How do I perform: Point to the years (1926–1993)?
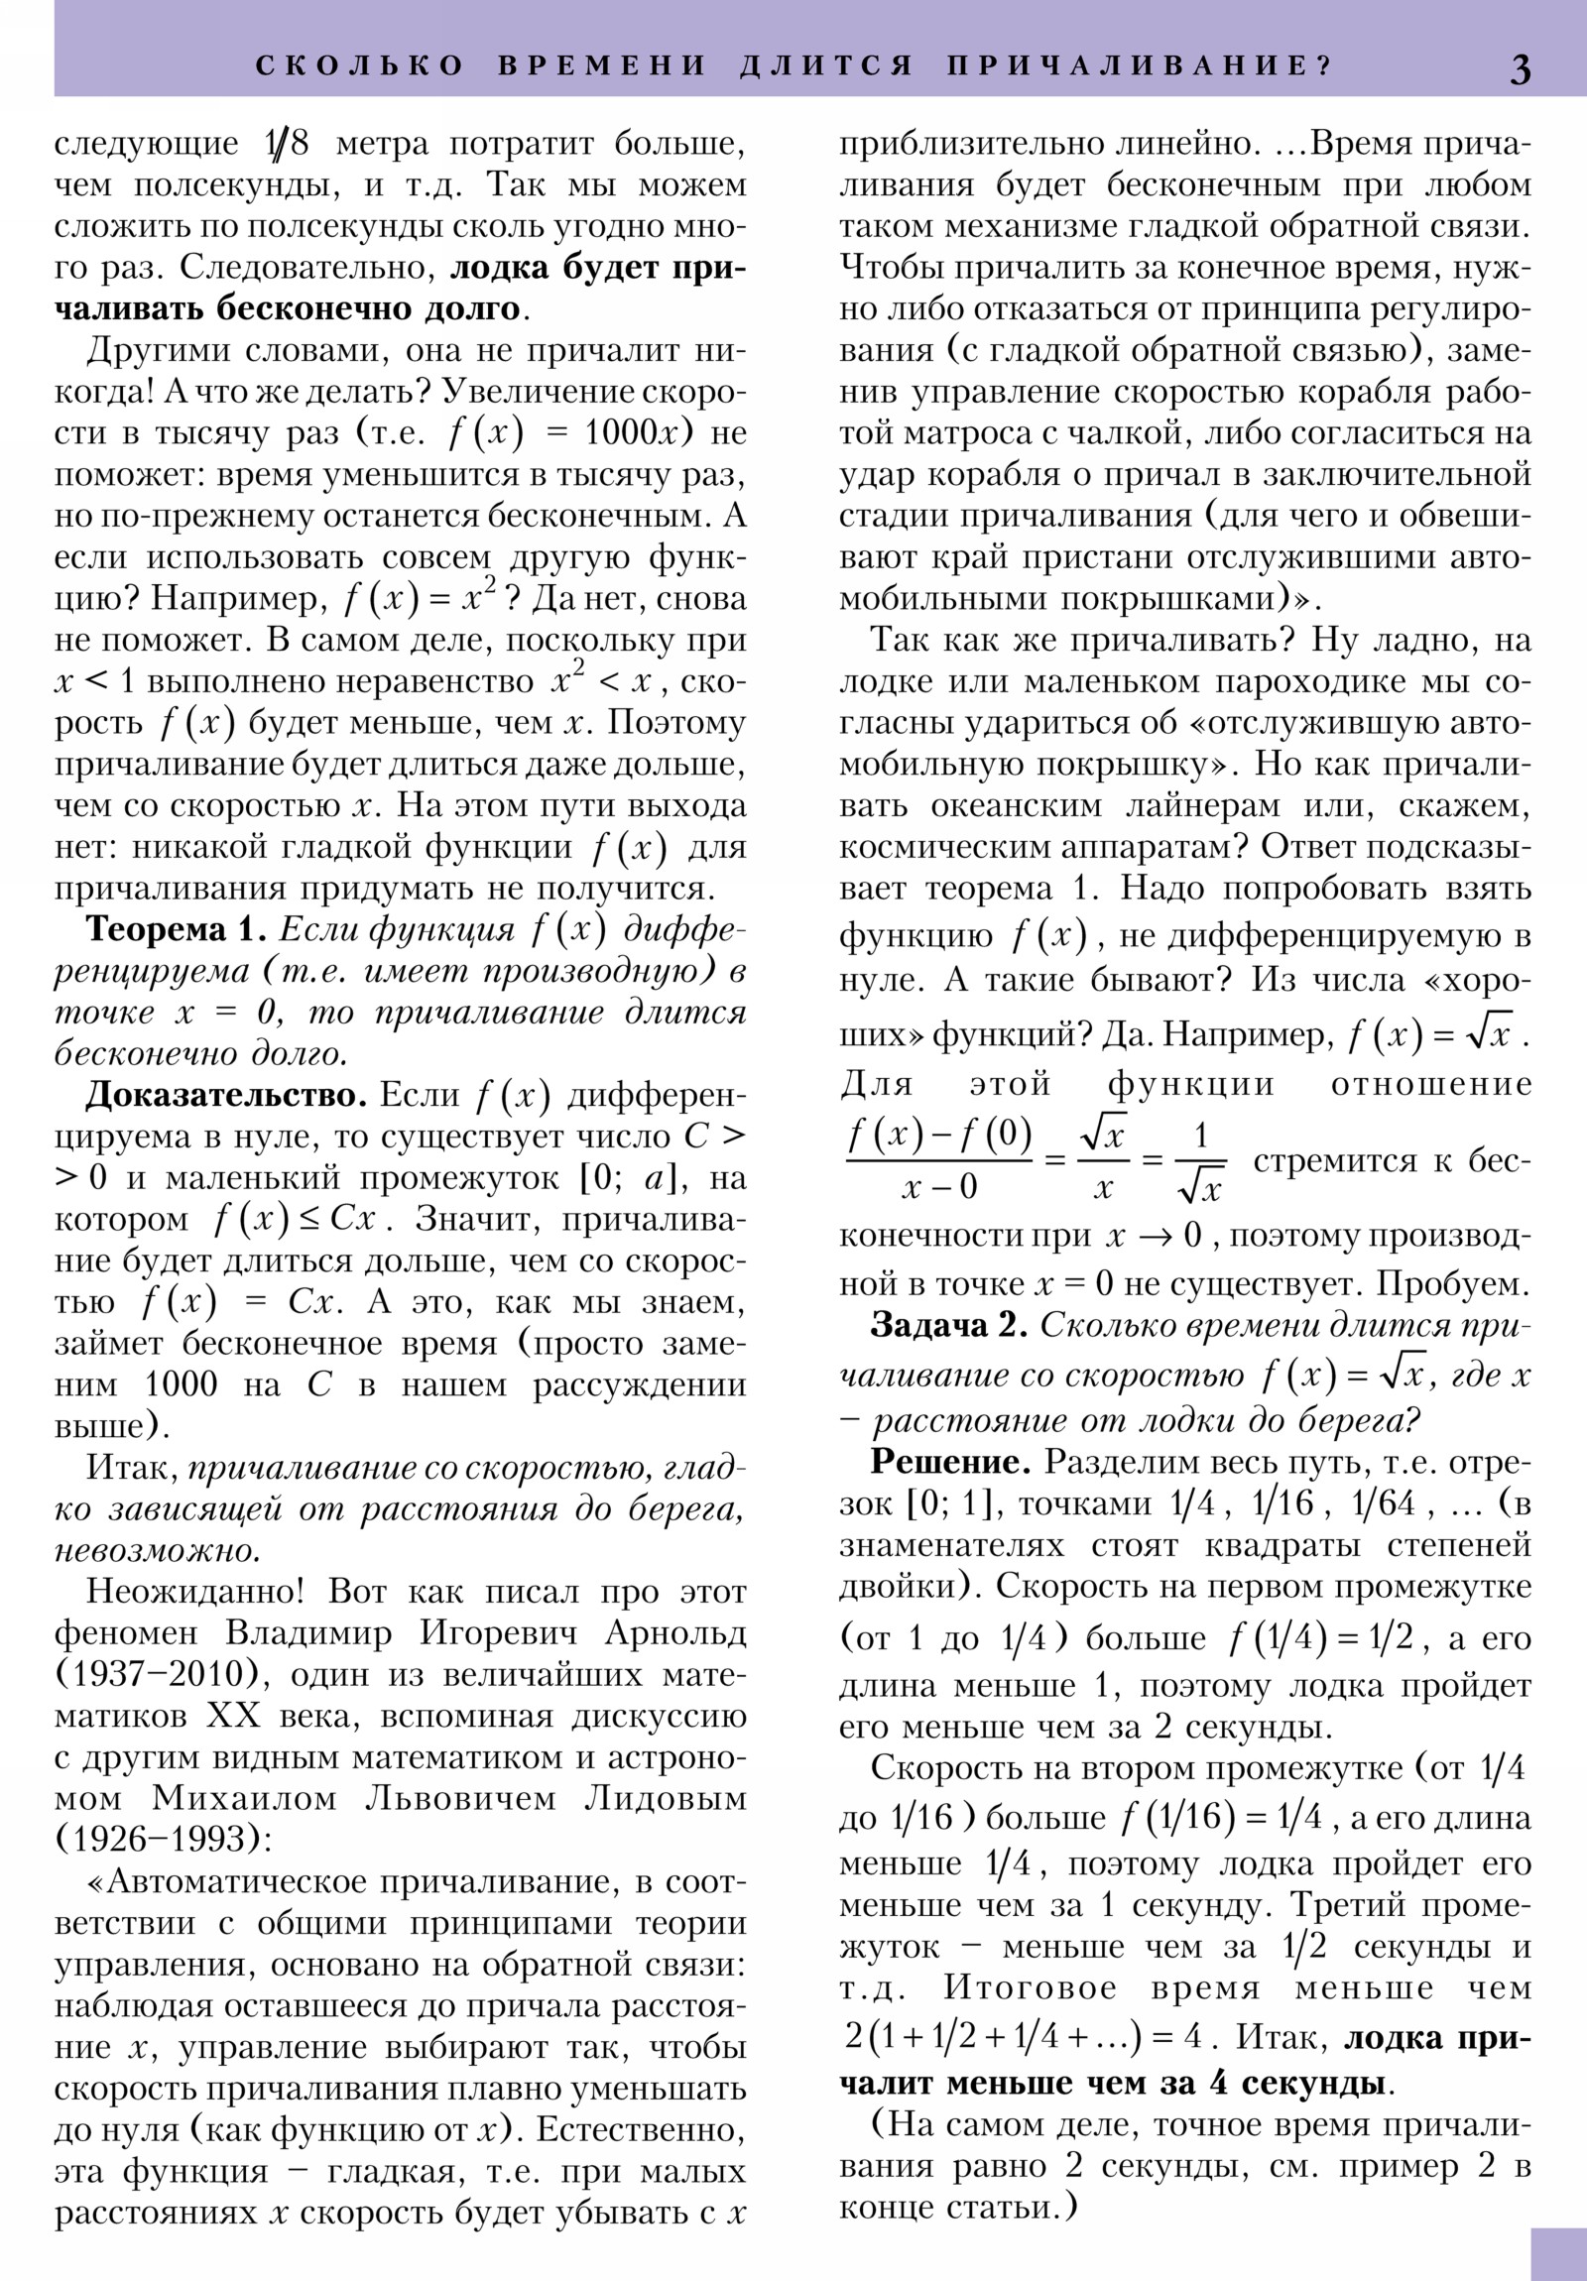point(163,1840)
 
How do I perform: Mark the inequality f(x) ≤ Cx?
point(296,1219)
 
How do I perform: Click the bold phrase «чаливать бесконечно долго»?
point(288,309)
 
